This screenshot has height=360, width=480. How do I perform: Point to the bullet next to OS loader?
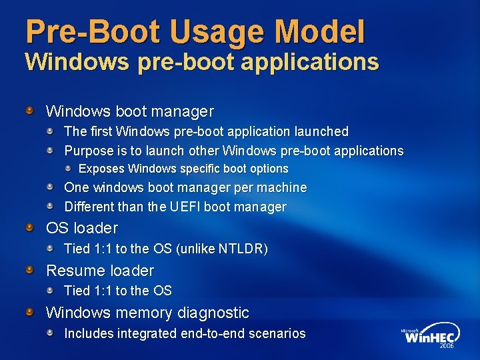(x=30, y=228)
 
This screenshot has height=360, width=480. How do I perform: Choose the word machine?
(x=281, y=188)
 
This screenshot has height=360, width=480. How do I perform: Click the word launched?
(x=321, y=132)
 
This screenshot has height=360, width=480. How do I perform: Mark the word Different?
(x=89, y=207)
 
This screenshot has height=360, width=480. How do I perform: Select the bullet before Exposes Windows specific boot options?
(x=69, y=169)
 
